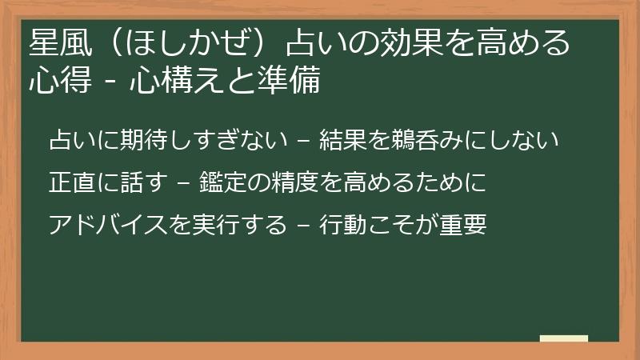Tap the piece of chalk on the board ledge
pyautogui.click(x=564, y=338)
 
